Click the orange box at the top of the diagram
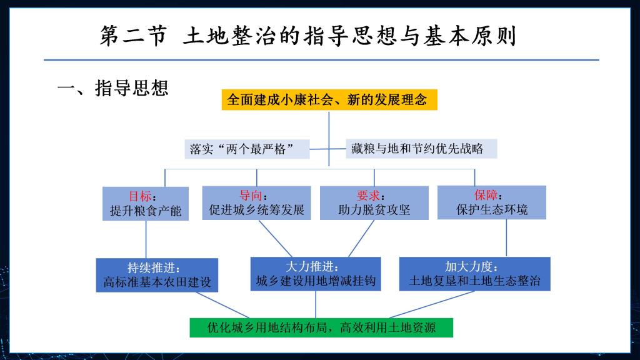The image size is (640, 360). tap(329, 99)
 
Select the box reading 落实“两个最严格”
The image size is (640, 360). tap(247, 149)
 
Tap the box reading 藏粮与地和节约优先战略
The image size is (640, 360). tap(421, 149)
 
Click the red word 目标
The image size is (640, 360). tap(140, 196)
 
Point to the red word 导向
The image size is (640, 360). tap(251, 196)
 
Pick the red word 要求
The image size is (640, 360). tap(368, 196)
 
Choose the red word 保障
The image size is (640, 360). tap(486, 195)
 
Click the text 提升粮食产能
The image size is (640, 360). tap(145, 211)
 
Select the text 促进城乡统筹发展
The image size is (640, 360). tap(257, 210)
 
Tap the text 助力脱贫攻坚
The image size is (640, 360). tap(374, 210)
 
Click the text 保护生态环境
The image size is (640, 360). tap(492, 210)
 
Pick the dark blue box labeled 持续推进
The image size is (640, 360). tap(157, 275)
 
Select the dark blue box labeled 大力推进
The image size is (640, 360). tap(316, 274)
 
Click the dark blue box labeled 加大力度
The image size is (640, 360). tap(475, 274)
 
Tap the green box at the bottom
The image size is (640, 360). tap(321, 327)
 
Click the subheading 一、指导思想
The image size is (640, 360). tap(113, 88)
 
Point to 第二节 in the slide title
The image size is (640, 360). tap(134, 36)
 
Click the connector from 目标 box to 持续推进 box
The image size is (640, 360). tap(146, 239)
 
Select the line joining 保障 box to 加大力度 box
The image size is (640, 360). tap(506, 238)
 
